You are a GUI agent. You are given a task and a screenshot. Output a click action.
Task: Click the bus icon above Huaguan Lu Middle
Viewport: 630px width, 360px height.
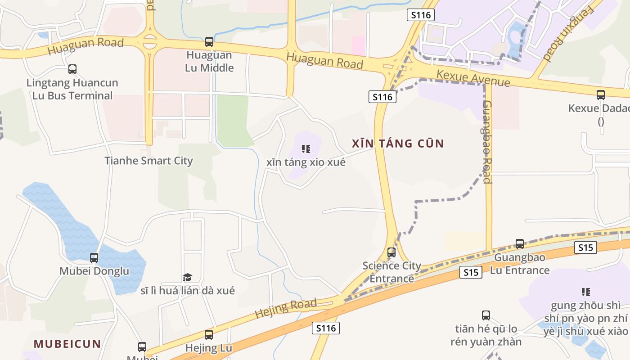(x=209, y=42)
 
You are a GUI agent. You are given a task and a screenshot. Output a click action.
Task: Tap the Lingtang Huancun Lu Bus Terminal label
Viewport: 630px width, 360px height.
(x=72, y=89)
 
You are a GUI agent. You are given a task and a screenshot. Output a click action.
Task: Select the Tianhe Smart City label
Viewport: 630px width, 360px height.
(x=148, y=161)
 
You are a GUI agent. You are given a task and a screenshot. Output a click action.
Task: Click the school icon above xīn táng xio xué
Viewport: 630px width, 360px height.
(x=306, y=148)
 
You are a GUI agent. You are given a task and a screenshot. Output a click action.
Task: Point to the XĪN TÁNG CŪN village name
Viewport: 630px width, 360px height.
(x=398, y=144)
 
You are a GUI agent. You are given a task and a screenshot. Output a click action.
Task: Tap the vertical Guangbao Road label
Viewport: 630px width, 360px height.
(x=487, y=142)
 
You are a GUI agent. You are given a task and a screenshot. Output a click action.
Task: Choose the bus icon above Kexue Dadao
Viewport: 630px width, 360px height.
(x=601, y=95)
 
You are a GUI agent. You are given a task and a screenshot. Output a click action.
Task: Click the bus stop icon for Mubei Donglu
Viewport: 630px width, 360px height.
(x=94, y=258)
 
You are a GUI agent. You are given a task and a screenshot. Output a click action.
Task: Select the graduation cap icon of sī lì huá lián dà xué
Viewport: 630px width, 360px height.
(x=187, y=277)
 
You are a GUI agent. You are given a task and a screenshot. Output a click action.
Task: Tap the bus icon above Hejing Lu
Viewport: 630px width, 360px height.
(x=209, y=335)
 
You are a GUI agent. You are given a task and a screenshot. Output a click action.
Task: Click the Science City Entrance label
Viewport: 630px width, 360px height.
(x=391, y=272)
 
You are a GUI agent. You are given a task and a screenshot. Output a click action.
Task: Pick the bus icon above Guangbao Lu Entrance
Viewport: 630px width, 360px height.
(x=520, y=244)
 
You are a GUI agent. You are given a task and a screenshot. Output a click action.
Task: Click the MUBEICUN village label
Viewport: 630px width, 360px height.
(x=67, y=344)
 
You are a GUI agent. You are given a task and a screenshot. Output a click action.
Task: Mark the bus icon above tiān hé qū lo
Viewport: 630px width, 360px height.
(x=486, y=315)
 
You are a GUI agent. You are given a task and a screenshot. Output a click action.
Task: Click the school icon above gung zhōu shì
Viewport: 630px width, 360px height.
(x=585, y=292)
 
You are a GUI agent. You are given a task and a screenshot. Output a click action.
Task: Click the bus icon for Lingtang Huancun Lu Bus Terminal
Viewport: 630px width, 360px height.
(x=72, y=69)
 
